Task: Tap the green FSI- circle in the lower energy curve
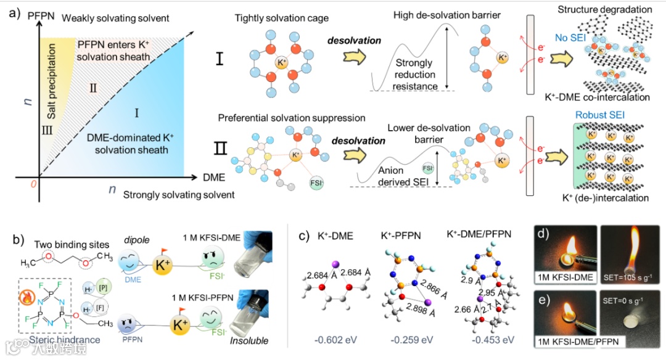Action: pos(427,168)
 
